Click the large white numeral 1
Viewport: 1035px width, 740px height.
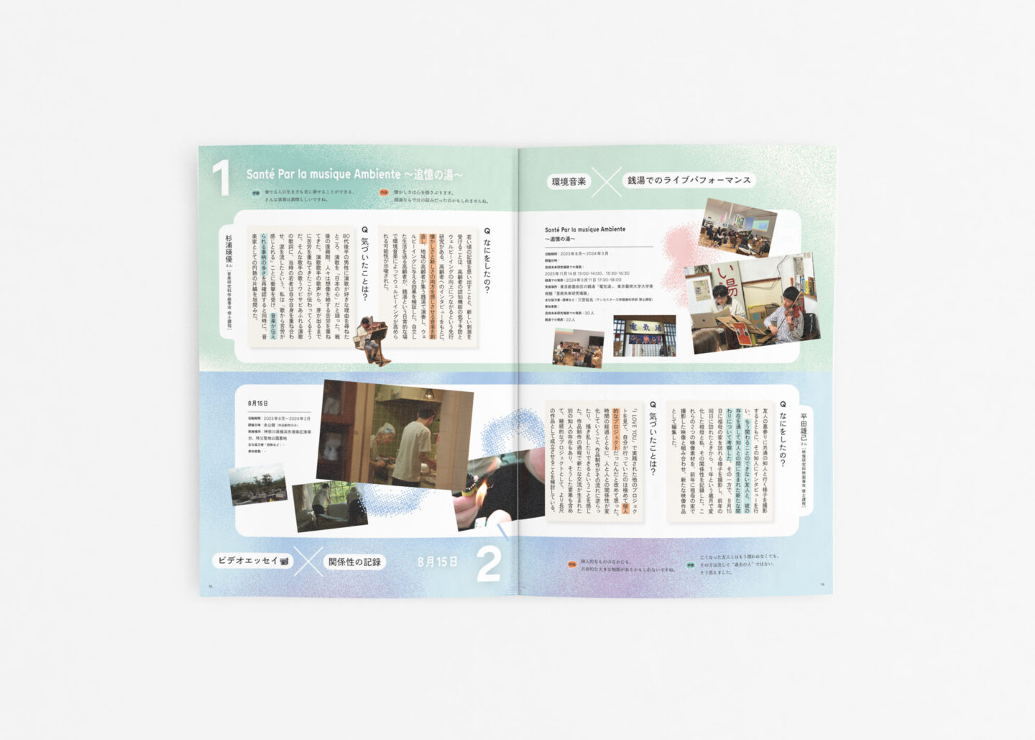221,178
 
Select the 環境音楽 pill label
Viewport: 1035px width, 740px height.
569,182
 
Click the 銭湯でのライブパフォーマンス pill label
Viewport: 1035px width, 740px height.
689,181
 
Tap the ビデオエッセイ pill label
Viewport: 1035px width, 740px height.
253,560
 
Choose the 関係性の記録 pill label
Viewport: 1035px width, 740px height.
355,562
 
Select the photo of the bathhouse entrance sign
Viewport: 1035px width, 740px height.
644,335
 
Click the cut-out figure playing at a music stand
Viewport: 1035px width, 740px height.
372,341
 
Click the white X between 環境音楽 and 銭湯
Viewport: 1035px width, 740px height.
607,182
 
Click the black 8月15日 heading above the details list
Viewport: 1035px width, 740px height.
257,403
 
